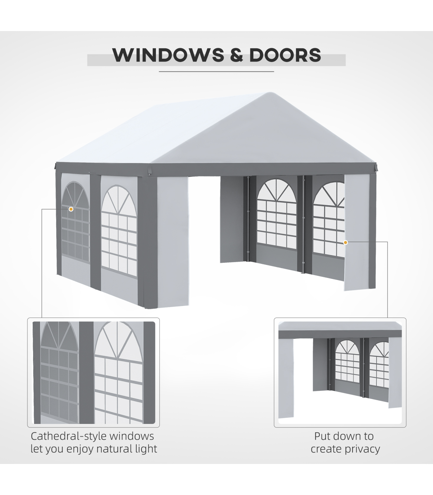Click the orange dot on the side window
71,209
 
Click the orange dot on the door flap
345,242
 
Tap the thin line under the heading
216,72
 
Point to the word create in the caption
326,449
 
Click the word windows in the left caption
132,436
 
